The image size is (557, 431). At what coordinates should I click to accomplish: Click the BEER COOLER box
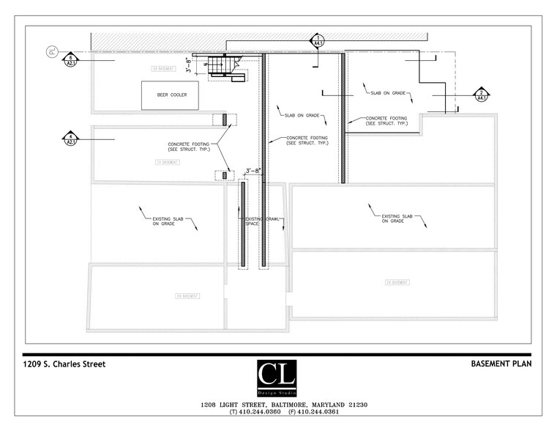[172, 95]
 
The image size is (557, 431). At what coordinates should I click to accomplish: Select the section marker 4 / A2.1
[71, 139]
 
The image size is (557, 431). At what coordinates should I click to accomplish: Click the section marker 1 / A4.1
[318, 40]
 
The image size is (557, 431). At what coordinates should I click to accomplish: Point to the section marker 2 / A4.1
[481, 95]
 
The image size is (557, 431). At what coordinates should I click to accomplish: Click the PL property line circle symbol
[51, 51]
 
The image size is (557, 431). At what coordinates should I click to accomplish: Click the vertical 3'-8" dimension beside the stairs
[189, 67]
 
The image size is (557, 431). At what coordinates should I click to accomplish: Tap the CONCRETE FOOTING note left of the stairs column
[189, 147]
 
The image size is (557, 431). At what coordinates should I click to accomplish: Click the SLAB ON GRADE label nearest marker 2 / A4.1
[387, 93]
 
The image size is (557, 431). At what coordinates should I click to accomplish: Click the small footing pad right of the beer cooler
[225, 119]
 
